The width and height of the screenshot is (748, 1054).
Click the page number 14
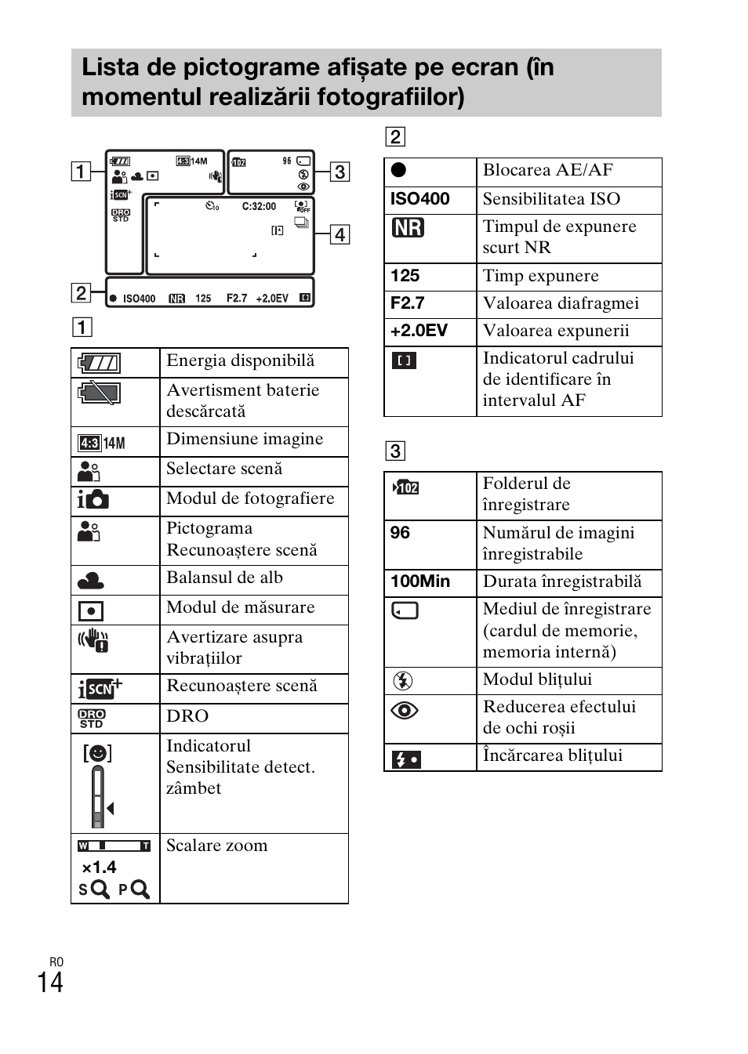coord(50,982)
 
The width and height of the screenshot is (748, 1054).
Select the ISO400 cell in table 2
coord(420,199)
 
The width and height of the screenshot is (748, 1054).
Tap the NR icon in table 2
coord(408,228)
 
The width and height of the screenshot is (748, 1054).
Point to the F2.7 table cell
coord(408,303)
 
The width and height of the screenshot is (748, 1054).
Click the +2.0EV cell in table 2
coord(419,331)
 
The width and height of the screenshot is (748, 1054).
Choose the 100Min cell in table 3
coord(420,581)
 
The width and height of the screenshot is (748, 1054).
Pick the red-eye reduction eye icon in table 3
coord(405,711)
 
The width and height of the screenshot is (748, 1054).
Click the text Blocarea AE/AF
coord(547,170)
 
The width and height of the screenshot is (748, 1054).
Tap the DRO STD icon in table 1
coord(92,718)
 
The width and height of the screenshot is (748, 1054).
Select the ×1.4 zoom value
coord(100,867)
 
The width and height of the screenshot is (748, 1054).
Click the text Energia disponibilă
coord(240,360)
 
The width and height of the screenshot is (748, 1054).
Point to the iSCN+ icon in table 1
coord(100,689)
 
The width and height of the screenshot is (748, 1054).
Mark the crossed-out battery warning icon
coord(99,393)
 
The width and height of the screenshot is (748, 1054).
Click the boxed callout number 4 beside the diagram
coord(340,234)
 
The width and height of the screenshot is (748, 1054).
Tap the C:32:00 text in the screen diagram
coord(259,207)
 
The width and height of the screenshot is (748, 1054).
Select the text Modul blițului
coord(537,679)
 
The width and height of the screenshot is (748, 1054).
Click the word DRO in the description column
coord(187,716)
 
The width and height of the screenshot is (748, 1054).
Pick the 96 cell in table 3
coord(400,533)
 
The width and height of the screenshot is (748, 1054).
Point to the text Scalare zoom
coord(216,846)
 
